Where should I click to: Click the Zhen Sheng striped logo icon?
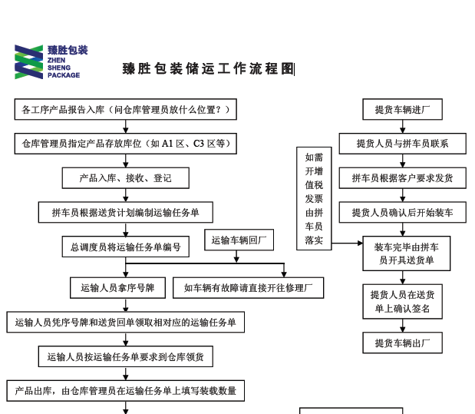click(29, 62)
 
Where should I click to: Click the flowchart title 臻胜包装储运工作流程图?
click(208, 69)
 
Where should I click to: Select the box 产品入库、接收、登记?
click(126, 178)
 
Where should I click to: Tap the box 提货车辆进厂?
click(402, 109)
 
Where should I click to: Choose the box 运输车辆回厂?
click(239, 240)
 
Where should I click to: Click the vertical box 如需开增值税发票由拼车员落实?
click(314, 199)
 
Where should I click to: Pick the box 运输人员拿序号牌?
click(118, 288)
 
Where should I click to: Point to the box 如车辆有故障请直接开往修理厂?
click(249, 288)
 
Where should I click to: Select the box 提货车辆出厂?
click(402, 343)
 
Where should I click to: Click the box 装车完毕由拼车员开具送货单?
click(407, 253)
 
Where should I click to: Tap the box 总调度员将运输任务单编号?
click(126, 247)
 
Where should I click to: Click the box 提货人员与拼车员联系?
click(402, 144)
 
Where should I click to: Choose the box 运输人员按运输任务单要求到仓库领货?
click(126, 356)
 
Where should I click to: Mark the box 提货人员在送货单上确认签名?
click(402, 302)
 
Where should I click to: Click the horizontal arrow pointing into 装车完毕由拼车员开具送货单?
click(347, 243)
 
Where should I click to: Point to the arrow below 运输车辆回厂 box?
click(236, 257)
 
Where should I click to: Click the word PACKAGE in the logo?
click(64, 75)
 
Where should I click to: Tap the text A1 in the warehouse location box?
click(167, 144)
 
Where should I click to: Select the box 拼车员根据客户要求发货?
click(402, 178)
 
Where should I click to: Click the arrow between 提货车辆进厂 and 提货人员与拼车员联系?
click(402, 127)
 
